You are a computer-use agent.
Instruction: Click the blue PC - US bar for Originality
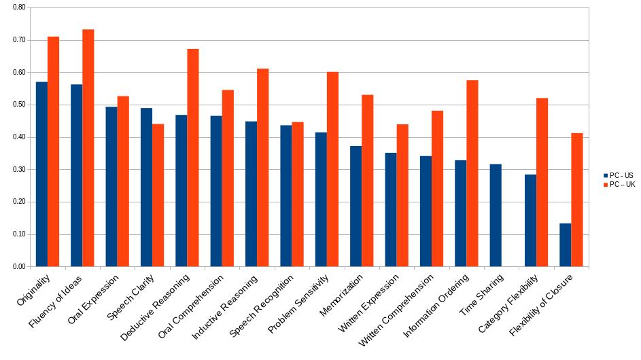41,175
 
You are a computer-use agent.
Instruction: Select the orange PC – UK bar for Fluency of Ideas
88,148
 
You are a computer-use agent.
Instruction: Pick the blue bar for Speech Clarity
146,187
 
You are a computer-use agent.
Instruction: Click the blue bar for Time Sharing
496,215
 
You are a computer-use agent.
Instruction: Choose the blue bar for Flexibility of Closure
565,245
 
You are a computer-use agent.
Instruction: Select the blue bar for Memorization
356,206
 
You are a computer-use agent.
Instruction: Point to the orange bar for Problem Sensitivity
332,169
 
